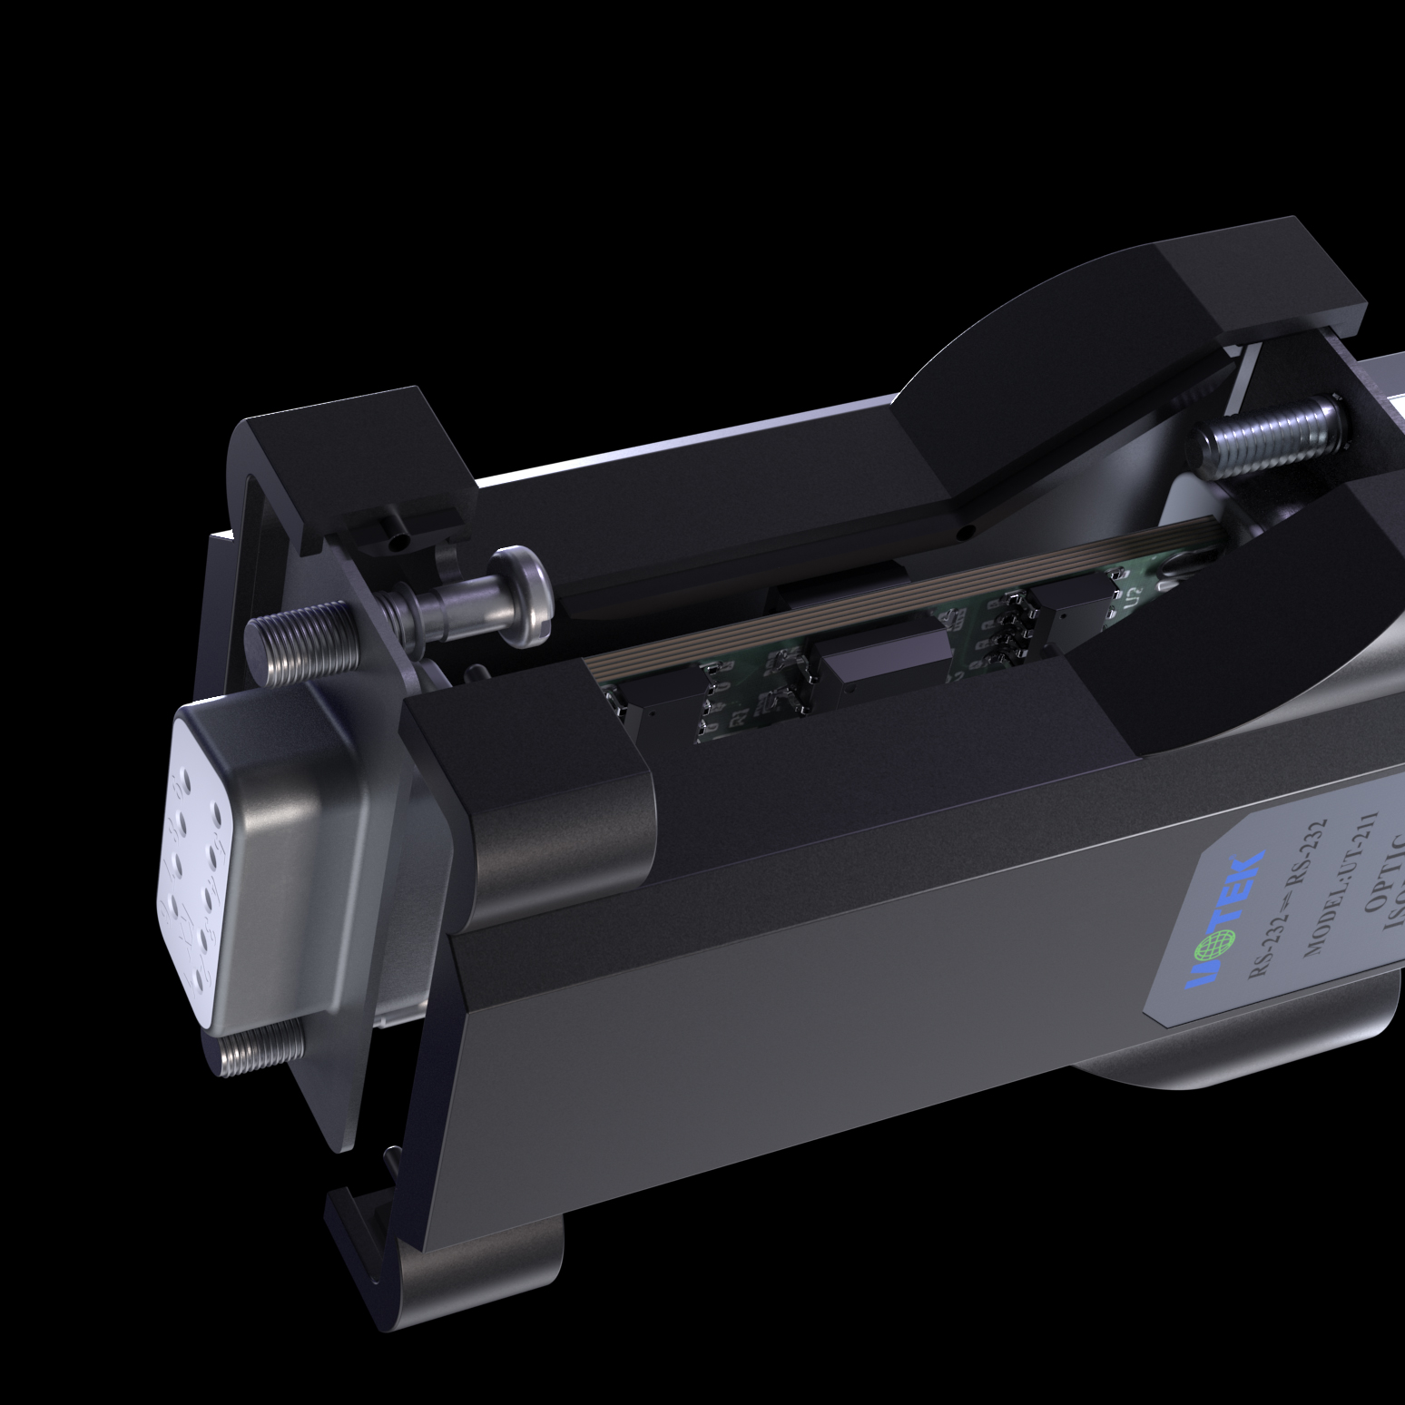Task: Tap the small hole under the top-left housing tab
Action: [x=396, y=544]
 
